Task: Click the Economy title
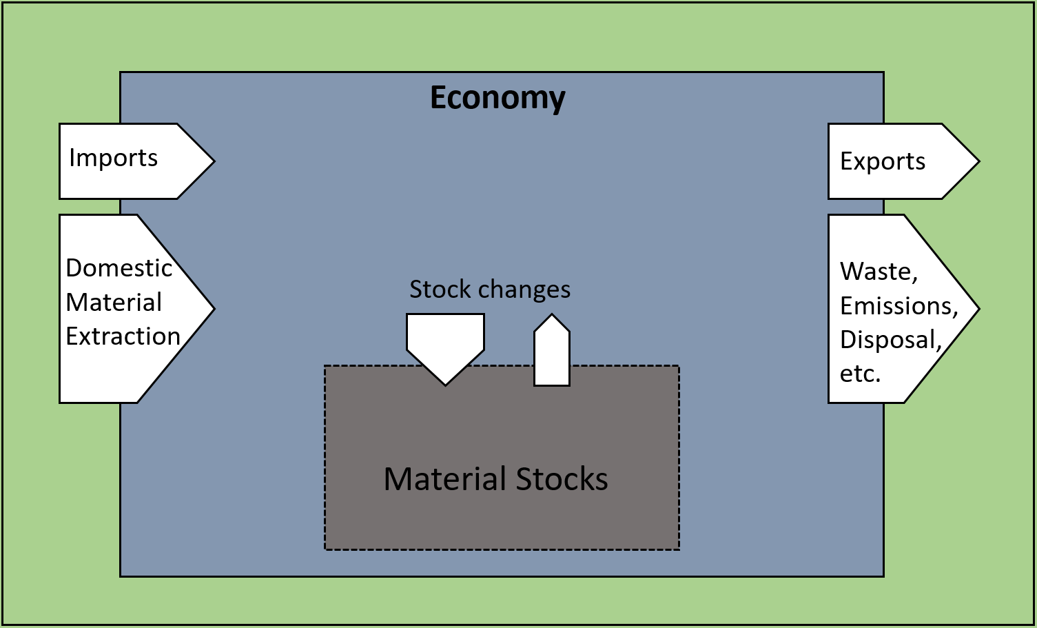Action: (497, 98)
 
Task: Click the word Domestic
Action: (119, 267)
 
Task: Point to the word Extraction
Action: (123, 336)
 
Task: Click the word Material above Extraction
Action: (114, 302)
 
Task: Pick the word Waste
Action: (879, 272)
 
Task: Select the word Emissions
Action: (899, 305)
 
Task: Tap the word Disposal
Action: (890, 339)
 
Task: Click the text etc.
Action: (860, 374)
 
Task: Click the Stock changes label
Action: (490, 290)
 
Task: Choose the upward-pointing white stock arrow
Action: (552, 352)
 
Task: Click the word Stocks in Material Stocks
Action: (562, 479)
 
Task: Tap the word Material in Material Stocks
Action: (446, 479)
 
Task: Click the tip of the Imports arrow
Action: (213, 161)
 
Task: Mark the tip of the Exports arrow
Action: (977, 161)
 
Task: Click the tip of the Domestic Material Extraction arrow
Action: (213, 309)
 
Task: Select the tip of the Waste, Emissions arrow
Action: (977, 309)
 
